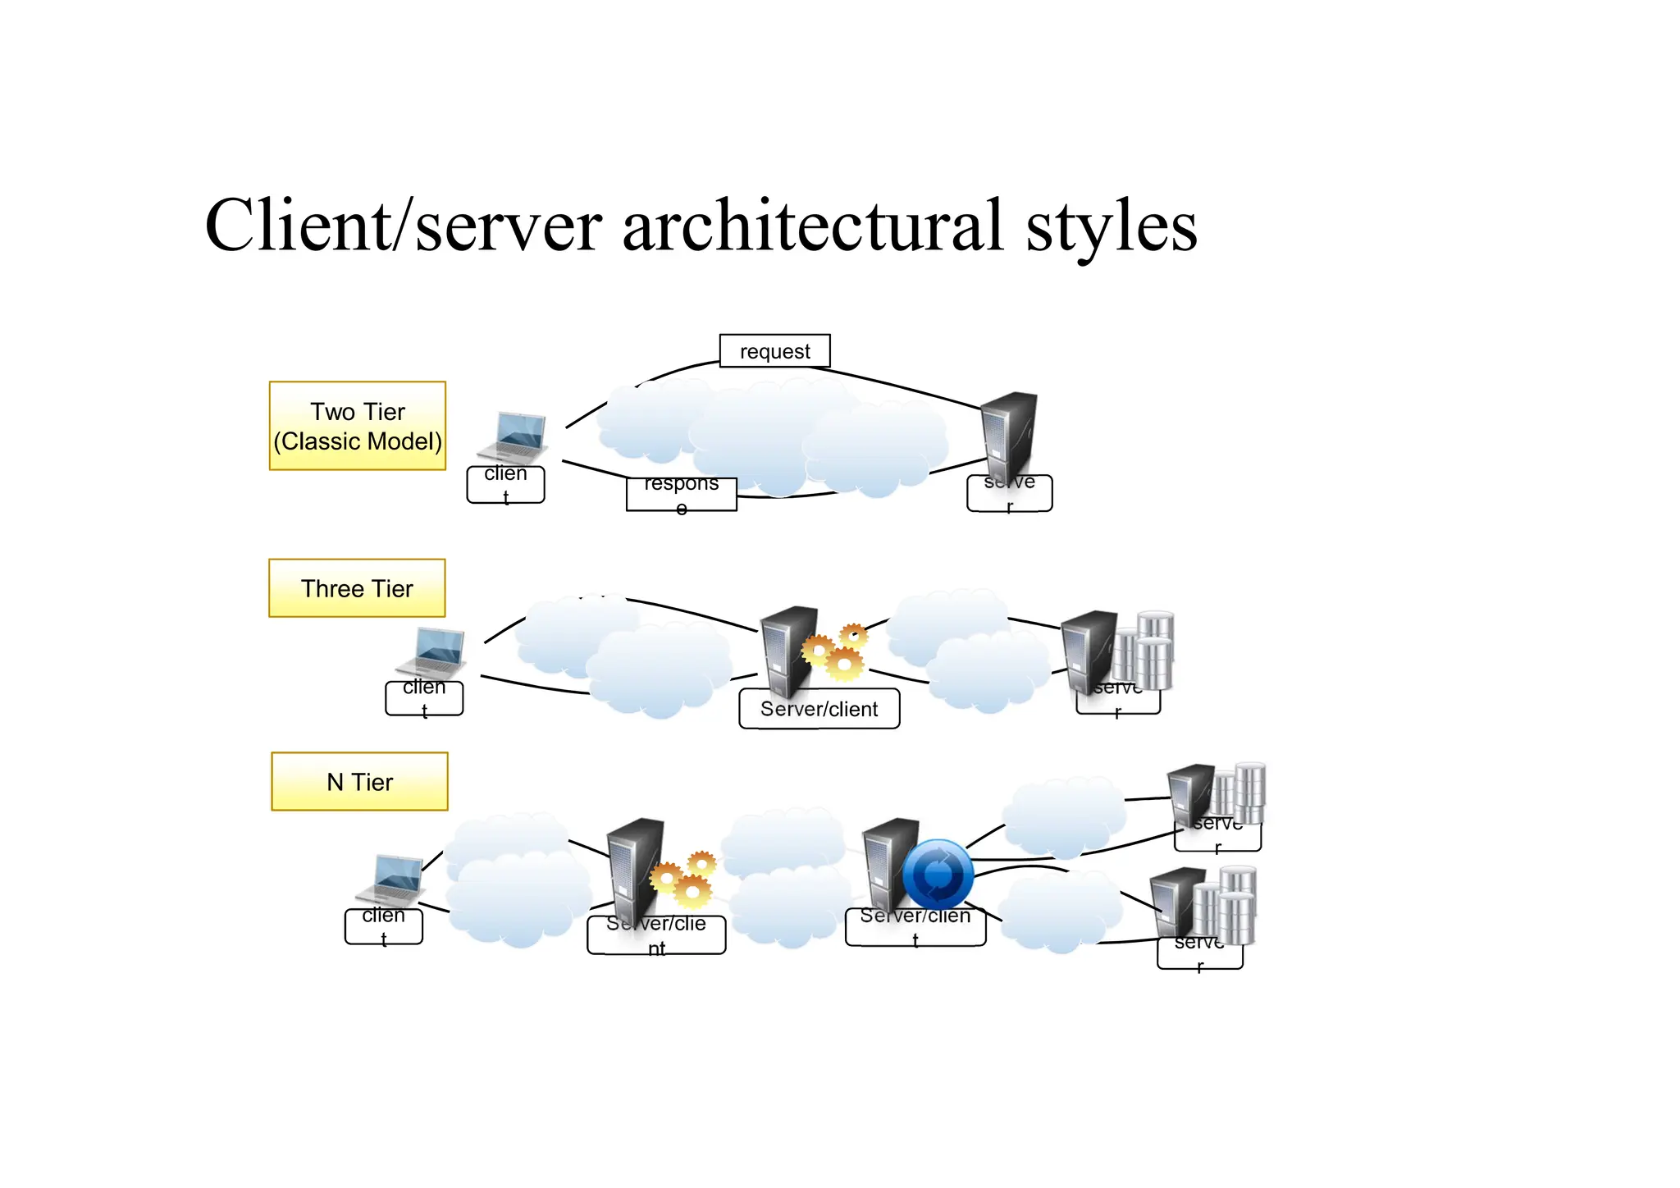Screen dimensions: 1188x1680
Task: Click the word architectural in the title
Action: pyautogui.click(x=812, y=226)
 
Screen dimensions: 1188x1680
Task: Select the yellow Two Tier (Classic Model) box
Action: pyautogui.click(x=358, y=426)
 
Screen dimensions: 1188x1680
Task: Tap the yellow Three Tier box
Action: pyautogui.click(x=357, y=588)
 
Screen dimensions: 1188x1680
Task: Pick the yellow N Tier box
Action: pyautogui.click(x=359, y=782)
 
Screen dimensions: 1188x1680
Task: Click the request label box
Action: pyautogui.click(x=774, y=351)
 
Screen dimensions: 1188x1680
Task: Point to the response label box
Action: pyautogui.click(x=681, y=494)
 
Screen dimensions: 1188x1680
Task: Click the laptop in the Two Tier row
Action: pyautogui.click(x=515, y=438)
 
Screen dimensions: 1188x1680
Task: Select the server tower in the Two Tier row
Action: pyautogui.click(x=1010, y=435)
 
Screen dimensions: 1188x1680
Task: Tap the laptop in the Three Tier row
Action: pyautogui.click(x=433, y=653)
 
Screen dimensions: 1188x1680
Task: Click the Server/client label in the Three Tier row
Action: pyautogui.click(x=819, y=709)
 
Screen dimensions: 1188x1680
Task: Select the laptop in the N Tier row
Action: pyautogui.click(x=392, y=880)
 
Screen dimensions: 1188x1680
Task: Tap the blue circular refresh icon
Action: pyautogui.click(x=938, y=875)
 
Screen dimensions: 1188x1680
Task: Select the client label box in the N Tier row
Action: pyautogui.click(x=383, y=926)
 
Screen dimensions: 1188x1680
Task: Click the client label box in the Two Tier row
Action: pyautogui.click(x=505, y=485)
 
